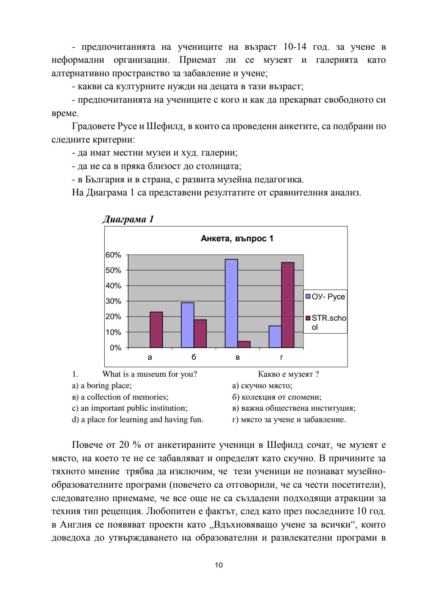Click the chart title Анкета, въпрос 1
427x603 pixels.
237,239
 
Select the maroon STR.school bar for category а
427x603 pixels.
156,330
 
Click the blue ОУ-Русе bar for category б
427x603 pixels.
187,325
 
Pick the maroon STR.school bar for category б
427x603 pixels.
200,334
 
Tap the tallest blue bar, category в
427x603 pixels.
231,303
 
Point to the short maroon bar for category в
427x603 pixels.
244,344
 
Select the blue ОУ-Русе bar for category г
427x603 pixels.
275,337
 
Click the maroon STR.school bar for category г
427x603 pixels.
288,305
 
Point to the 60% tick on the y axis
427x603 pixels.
113,255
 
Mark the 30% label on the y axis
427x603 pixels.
113,301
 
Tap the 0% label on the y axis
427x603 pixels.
115,348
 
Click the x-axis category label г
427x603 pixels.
282,357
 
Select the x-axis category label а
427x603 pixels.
150,357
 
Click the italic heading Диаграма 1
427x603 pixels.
128,219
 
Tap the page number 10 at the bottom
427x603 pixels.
219,565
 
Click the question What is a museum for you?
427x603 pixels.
149,374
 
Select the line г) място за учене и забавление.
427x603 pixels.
289,419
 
